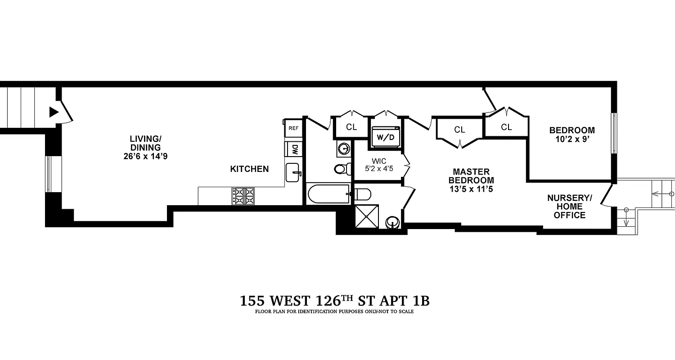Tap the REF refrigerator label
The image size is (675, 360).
click(x=293, y=128)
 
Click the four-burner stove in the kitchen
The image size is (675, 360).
click(x=243, y=196)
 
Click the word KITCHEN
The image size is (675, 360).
click(x=249, y=169)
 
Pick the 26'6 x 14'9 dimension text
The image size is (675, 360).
click(x=143, y=157)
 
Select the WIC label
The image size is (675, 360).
click(x=379, y=161)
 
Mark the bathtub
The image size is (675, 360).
click(x=329, y=194)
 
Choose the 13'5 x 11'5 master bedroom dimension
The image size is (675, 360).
click(x=471, y=189)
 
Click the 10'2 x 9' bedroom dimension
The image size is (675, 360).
click(x=571, y=139)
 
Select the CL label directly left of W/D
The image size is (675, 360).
click(x=351, y=127)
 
